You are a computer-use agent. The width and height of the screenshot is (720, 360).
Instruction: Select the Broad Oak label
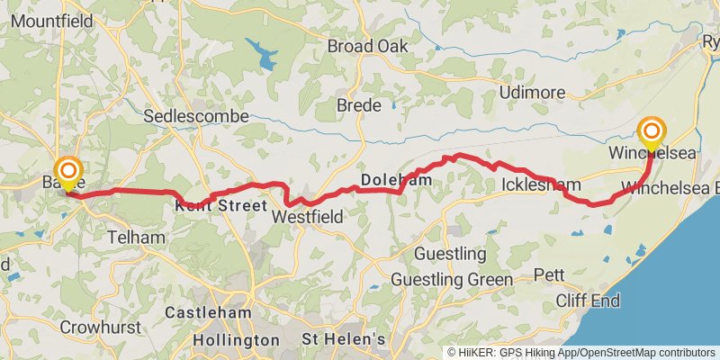[x=367, y=46]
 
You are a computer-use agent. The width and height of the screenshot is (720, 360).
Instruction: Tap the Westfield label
[x=307, y=217]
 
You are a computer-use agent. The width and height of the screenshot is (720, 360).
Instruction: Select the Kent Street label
[x=215, y=204]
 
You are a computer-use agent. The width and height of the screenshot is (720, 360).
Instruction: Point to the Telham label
[x=136, y=238]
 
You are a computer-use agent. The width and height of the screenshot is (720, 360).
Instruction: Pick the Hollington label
[x=236, y=340]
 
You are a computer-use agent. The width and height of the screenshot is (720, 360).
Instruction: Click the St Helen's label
[x=343, y=339]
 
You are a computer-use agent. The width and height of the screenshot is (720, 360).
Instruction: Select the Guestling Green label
[x=451, y=280]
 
